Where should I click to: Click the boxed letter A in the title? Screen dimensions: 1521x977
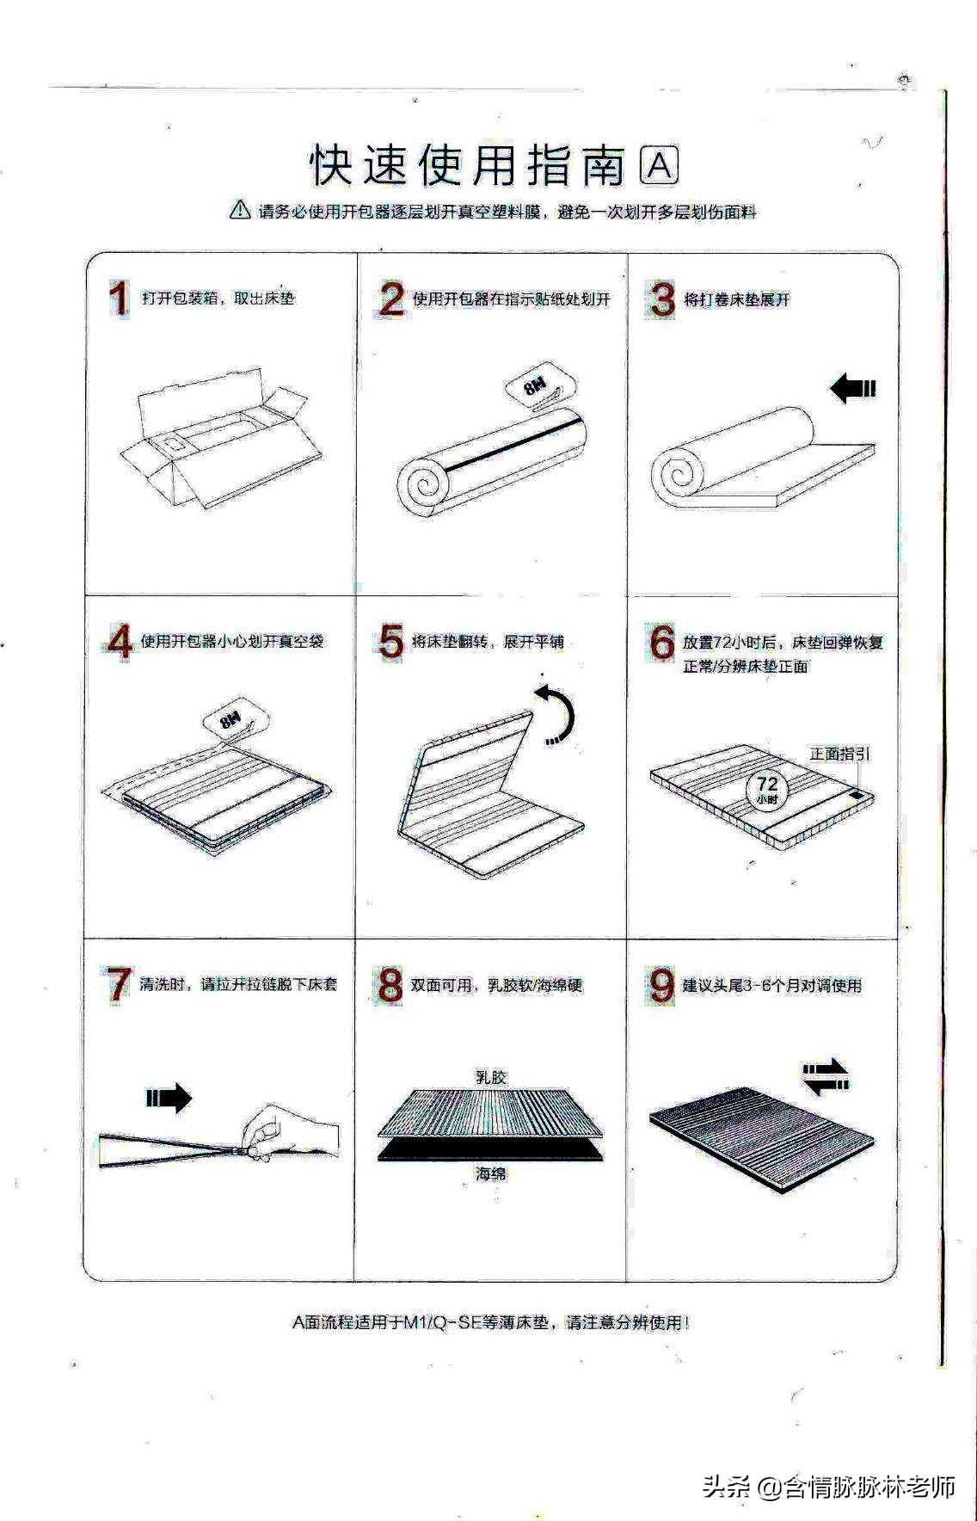coord(660,166)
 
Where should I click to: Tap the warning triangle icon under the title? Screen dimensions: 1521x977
coord(240,209)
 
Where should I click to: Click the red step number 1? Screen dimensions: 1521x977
coord(118,299)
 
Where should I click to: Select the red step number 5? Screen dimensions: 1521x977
coord(390,642)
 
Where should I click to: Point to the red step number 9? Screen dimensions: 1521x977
coord(661,985)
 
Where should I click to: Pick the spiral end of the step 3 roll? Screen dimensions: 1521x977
coord(677,474)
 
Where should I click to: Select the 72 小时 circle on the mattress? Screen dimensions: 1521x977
coord(766,788)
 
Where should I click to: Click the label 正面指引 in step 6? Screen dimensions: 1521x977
coord(839,754)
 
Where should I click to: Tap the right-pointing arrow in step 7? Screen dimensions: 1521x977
coord(169,1097)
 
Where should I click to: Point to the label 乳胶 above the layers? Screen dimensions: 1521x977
coord(492,1077)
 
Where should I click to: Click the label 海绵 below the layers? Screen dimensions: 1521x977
coord(492,1173)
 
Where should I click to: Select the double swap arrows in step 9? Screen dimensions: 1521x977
coord(826,1077)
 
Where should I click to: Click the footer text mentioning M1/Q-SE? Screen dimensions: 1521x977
coord(490,1322)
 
